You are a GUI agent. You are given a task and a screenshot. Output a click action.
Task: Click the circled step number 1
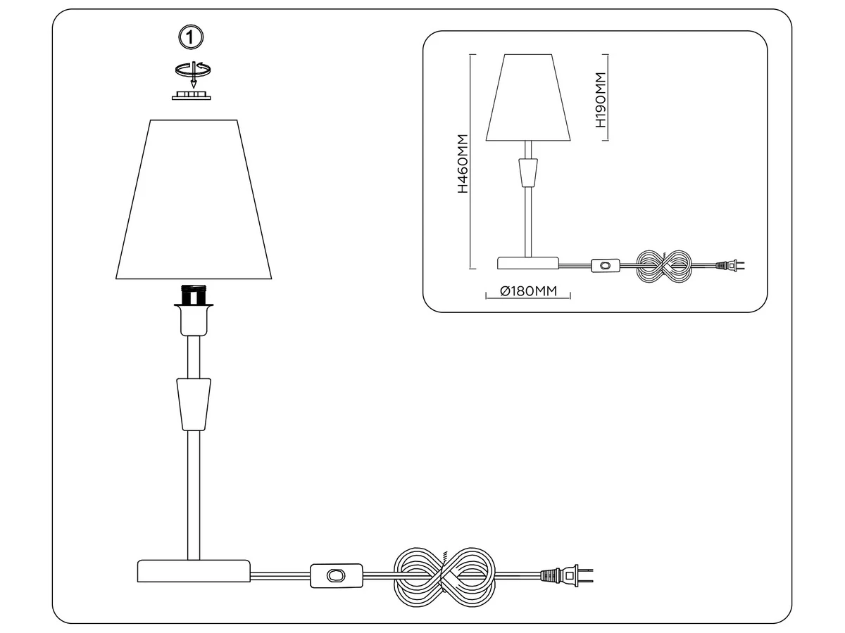pos(191,37)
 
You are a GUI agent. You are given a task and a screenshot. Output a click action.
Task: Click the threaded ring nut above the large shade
pos(192,96)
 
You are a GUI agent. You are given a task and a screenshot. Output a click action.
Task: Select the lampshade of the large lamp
pos(194,200)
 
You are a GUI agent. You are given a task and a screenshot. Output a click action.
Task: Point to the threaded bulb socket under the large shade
pos(194,294)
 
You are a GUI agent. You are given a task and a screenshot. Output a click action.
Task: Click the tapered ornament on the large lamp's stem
pos(194,404)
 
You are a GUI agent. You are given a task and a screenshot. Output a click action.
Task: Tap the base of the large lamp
pos(194,571)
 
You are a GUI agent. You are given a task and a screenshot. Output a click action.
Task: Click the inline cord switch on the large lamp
pos(337,575)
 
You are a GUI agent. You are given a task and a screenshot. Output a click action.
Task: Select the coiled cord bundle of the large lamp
pos(444,577)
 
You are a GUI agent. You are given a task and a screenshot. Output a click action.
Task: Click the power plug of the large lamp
pos(567,575)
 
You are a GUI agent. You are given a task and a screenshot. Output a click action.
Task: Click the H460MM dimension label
pos(463,163)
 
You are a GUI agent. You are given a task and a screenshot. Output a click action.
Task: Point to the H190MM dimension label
pos(601,100)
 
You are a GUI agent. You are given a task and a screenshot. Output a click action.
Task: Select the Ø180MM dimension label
pos(528,291)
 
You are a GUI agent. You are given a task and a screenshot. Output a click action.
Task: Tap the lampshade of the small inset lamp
pos(528,98)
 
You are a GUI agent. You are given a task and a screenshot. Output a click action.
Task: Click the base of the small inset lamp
pos(528,263)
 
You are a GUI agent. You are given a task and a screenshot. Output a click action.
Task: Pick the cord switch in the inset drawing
pos(605,265)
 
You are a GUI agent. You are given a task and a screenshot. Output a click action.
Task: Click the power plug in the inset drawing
pos(730,265)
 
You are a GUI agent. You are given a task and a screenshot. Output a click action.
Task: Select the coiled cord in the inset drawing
pos(664,267)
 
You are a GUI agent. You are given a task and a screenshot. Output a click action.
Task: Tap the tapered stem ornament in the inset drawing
pos(528,172)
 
